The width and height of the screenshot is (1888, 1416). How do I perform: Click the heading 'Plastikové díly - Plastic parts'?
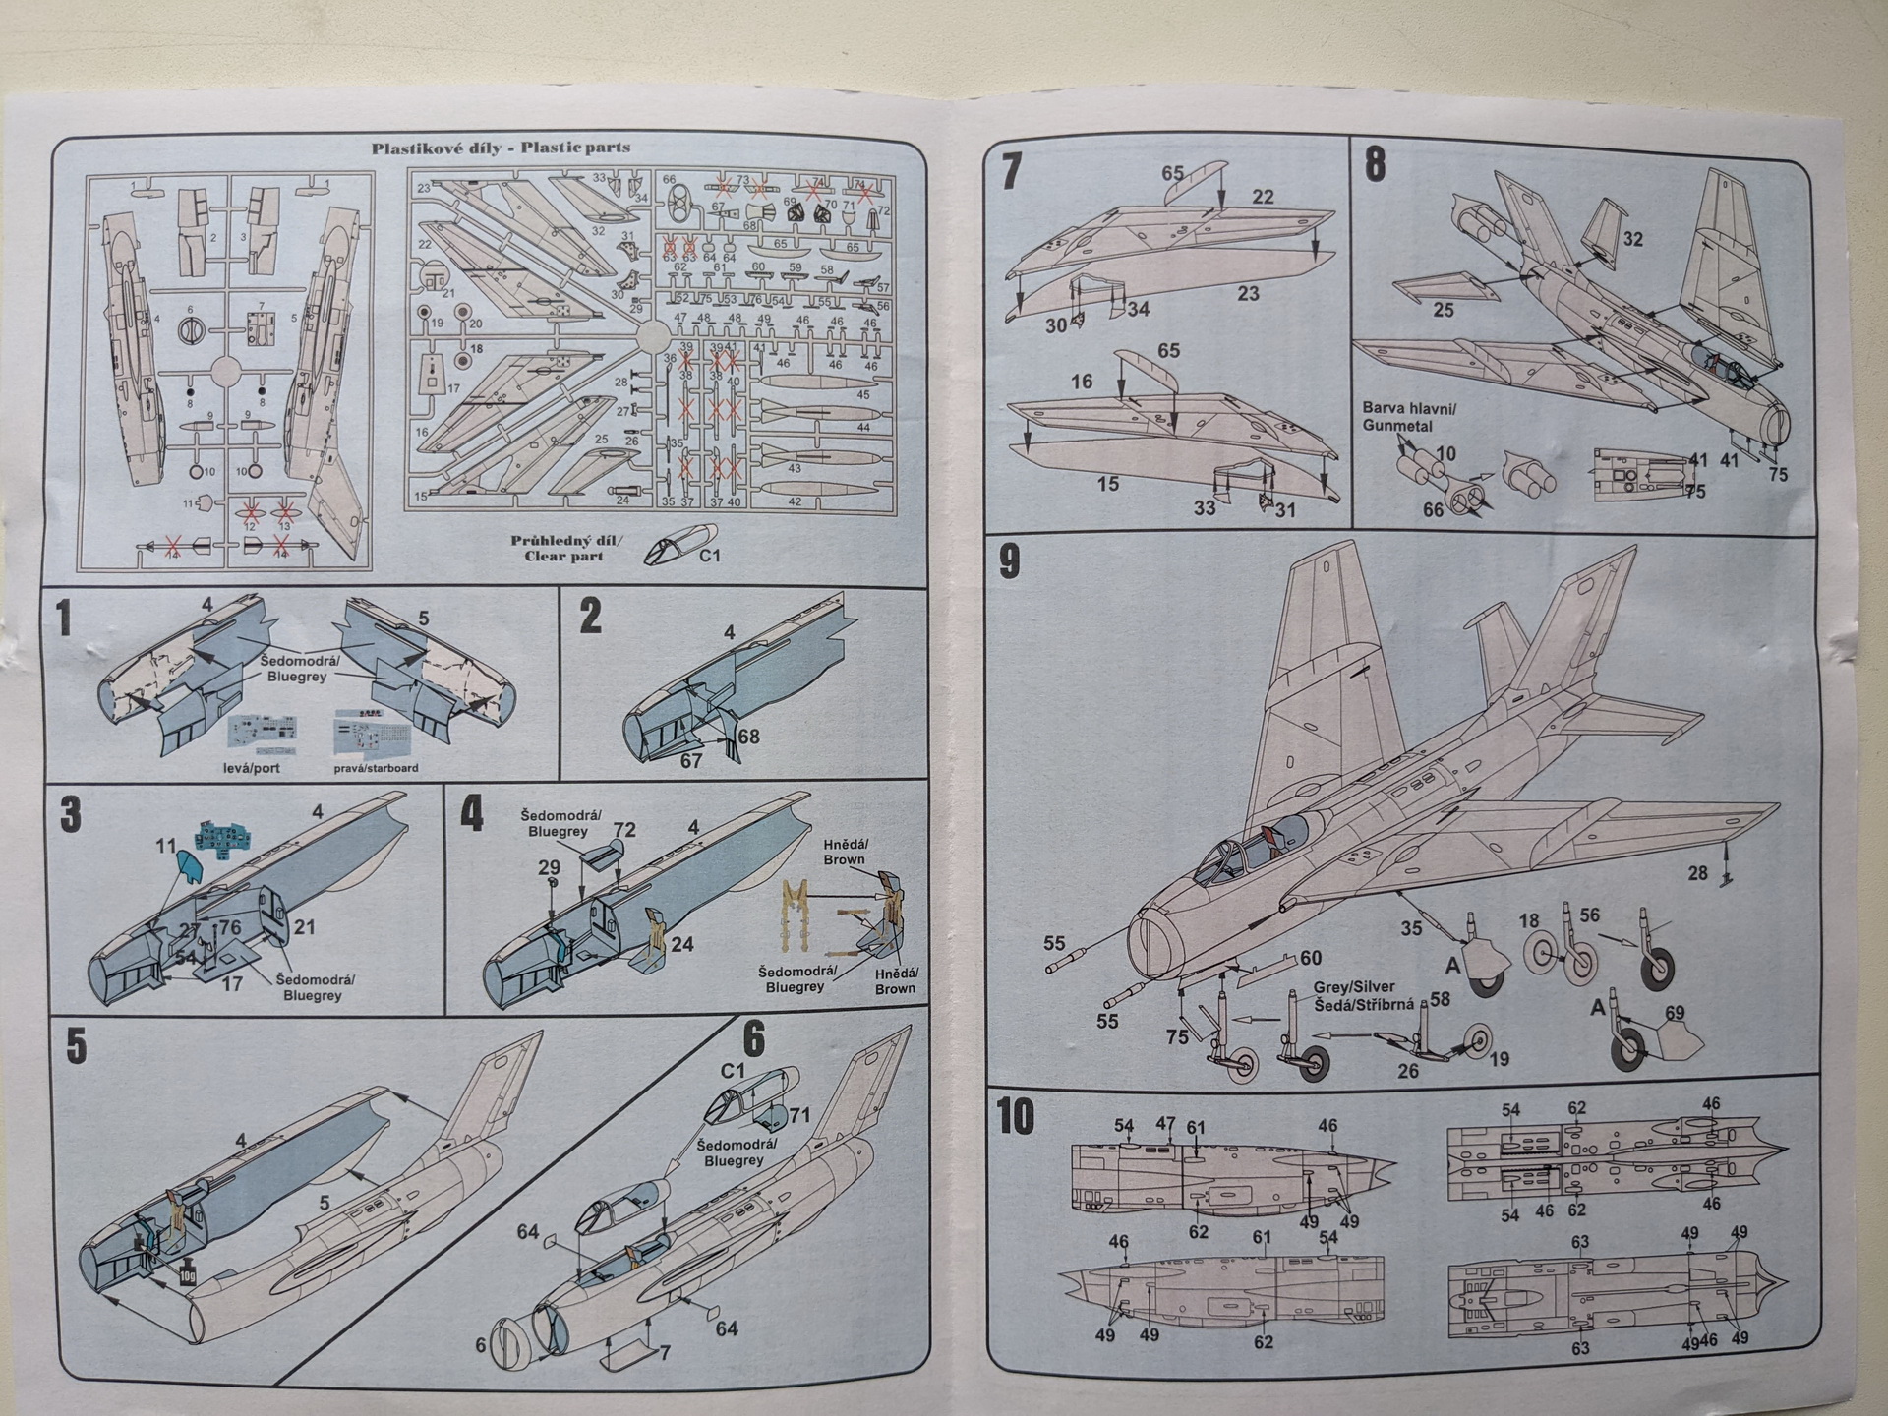tap(501, 148)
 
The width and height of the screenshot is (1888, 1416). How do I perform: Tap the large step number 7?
tap(1011, 170)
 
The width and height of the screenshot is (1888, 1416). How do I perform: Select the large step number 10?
tap(1016, 1117)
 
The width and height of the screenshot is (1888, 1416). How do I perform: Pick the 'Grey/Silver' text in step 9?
tap(1354, 987)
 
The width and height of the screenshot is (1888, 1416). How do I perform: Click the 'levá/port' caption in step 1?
tap(253, 767)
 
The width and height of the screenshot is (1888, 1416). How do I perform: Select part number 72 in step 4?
tap(624, 831)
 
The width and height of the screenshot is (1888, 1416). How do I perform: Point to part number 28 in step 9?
tap(1697, 873)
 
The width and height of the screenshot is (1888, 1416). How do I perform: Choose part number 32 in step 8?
tap(1632, 239)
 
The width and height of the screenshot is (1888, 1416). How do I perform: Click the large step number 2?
tap(590, 617)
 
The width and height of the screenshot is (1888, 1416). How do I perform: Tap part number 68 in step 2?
tap(748, 737)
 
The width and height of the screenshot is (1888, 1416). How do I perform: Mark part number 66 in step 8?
tap(1434, 509)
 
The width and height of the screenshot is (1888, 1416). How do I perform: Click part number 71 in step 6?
tap(798, 1115)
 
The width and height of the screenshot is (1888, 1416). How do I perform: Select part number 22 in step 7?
tap(1263, 197)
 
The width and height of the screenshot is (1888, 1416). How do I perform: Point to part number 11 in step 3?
tap(165, 846)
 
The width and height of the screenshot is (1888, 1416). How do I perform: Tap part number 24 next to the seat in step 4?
tap(681, 944)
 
